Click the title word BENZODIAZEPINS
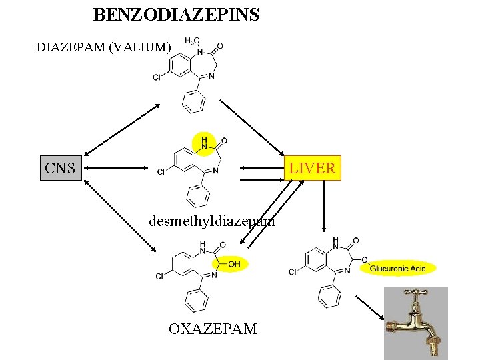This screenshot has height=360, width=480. [176, 14]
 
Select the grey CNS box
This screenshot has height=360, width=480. [61, 168]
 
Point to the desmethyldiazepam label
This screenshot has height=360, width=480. [212, 221]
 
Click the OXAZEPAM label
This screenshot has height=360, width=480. [212, 329]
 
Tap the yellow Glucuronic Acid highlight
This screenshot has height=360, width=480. [398, 269]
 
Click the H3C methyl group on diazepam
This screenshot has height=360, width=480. [191, 42]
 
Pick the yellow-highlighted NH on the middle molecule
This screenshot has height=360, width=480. [203, 142]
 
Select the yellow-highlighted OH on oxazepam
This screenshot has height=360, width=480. [233, 265]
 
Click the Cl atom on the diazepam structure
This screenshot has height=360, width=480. [157, 77]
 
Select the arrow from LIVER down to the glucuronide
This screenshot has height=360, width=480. [323, 207]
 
